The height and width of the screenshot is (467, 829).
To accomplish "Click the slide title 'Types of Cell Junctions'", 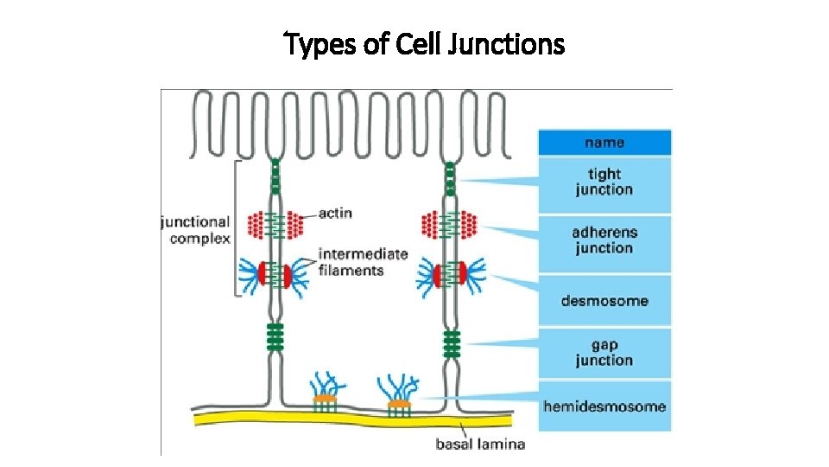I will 424,42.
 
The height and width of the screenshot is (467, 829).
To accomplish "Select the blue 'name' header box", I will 604,143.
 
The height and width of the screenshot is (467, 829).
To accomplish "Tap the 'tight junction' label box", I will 604,182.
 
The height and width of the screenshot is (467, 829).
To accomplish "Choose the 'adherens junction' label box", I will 604,240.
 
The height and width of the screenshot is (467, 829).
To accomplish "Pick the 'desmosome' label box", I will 604,301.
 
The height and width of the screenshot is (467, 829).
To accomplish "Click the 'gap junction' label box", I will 604,353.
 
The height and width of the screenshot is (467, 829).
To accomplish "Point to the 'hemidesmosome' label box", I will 604,406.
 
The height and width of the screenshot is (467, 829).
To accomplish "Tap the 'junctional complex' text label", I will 195,230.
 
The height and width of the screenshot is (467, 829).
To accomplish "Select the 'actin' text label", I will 335,213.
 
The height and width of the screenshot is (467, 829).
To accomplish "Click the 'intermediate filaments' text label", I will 351,262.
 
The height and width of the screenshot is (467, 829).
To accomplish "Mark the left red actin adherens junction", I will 275,226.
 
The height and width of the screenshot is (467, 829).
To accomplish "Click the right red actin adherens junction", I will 449,226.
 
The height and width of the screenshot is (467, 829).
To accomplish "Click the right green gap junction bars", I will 449,342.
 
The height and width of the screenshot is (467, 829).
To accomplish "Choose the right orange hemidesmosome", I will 398,403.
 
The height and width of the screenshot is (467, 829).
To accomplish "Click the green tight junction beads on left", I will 275,176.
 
